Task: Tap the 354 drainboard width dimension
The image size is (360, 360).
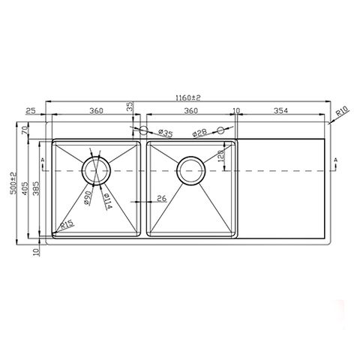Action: pos(280,111)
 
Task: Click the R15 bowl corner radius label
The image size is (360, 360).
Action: pos(67,223)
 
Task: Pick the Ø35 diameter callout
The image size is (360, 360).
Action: pos(164,133)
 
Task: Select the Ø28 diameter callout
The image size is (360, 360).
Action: pos(199,133)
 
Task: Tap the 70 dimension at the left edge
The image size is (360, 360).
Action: pos(25,130)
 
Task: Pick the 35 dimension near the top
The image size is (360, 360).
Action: pos(130,107)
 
